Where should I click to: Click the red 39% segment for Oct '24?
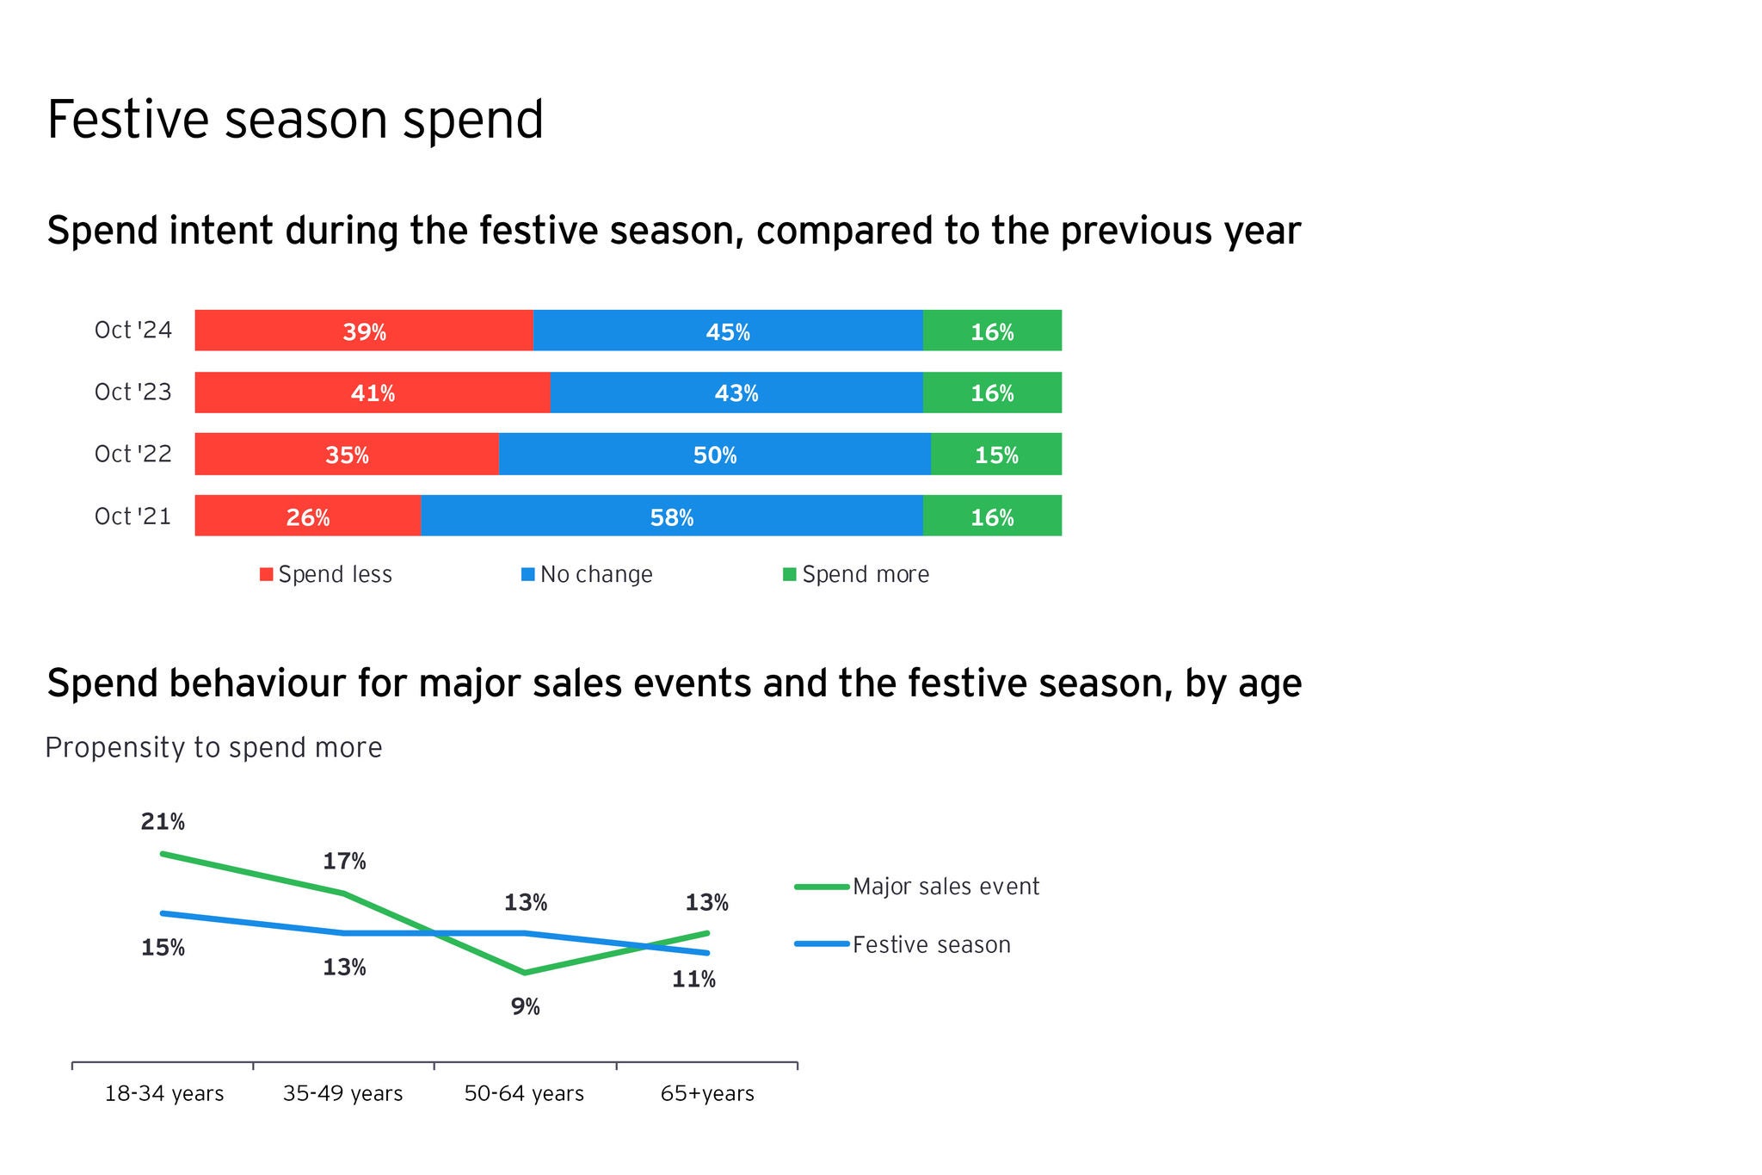(364, 331)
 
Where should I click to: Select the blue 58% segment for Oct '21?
(671, 516)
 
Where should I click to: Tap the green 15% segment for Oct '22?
(995, 455)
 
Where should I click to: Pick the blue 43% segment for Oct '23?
(736, 393)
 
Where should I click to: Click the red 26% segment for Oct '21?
(307, 516)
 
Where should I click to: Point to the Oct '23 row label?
(133, 393)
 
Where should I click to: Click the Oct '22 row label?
(133, 455)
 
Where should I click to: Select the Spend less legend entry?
(326, 575)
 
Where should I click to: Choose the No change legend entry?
(588, 575)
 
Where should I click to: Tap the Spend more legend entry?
(856, 575)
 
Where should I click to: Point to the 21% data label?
(163, 822)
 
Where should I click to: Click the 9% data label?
(525, 1006)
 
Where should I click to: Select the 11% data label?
(693, 980)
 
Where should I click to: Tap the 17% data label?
(344, 862)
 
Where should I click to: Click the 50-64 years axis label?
(524, 1094)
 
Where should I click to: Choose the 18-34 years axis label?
(164, 1094)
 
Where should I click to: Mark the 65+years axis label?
(707, 1094)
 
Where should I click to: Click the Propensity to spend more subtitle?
(213, 747)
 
